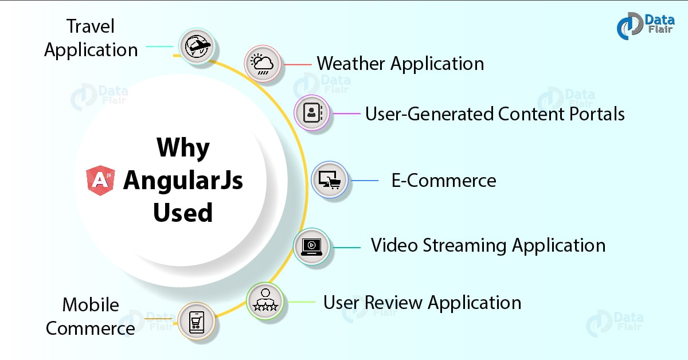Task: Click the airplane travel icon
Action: (196, 45)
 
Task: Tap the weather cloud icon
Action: (263, 64)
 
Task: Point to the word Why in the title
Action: (183, 148)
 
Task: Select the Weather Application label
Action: (400, 63)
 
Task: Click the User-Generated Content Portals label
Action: (495, 114)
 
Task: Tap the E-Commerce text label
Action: (444, 181)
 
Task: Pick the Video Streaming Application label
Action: (488, 245)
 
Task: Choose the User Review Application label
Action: (422, 302)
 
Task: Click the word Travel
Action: (91, 26)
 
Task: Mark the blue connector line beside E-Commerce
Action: (365, 181)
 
